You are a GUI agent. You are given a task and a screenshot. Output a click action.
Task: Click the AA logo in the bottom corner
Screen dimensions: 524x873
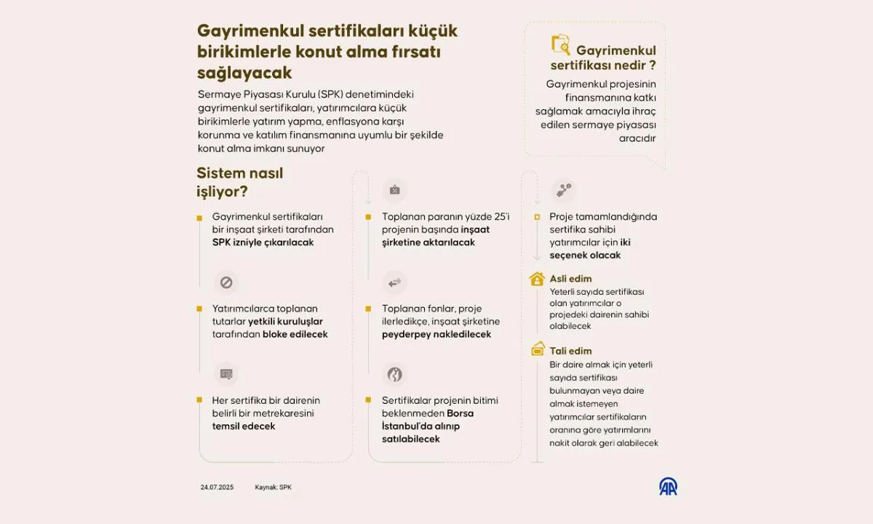(x=668, y=486)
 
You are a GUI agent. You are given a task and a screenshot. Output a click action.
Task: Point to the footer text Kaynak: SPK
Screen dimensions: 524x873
(x=273, y=487)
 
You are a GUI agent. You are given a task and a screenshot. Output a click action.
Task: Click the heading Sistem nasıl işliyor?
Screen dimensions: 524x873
(x=239, y=183)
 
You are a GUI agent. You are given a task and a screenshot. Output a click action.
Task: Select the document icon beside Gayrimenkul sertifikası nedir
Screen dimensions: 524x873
(x=561, y=45)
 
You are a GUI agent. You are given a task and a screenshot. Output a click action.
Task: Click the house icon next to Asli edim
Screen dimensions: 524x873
(x=537, y=279)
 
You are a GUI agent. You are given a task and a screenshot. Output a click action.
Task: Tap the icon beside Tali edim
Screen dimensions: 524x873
(x=538, y=348)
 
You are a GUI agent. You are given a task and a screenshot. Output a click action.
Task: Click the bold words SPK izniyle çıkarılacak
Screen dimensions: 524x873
(x=263, y=242)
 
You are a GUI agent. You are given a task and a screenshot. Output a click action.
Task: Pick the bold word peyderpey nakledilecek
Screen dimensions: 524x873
(x=436, y=334)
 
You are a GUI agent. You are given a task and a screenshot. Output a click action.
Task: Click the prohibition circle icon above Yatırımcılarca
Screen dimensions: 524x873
(x=226, y=282)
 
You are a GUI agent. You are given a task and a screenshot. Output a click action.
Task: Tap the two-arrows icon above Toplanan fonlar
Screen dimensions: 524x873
(x=394, y=282)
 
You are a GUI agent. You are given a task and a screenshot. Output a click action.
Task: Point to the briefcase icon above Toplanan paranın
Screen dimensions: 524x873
(x=394, y=190)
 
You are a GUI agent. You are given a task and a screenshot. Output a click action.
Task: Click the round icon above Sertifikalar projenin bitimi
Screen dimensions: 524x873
(x=394, y=374)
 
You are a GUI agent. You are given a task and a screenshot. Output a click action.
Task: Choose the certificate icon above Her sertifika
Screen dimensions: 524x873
(x=226, y=374)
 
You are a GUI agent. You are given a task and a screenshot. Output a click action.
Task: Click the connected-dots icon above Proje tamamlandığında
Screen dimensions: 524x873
(x=564, y=190)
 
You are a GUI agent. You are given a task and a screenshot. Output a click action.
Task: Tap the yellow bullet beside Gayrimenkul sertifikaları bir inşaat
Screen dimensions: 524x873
(x=199, y=217)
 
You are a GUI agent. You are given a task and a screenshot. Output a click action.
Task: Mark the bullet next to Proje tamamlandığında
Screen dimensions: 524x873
(x=537, y=217)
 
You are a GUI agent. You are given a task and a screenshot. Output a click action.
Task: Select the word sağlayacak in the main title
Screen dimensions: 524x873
(x=244, y=73)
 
